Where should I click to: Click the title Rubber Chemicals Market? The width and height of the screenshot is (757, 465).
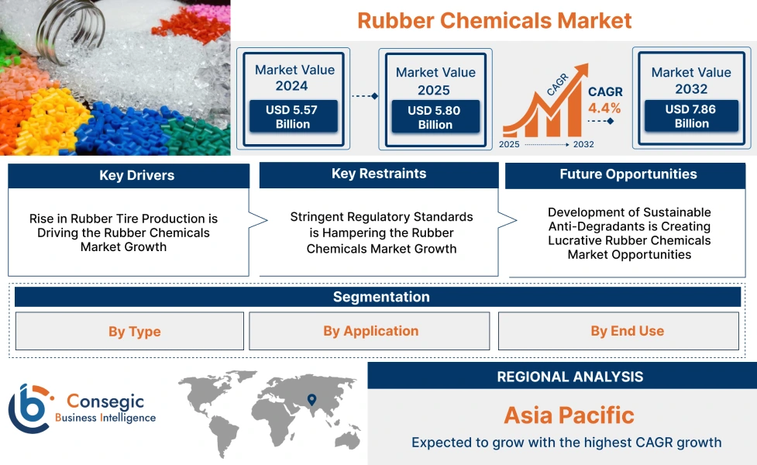pos(494,21)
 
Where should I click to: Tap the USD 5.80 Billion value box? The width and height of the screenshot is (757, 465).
pos(435,118)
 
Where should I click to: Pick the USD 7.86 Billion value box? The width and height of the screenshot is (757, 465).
pos(691,116)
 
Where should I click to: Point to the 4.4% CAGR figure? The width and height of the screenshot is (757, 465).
pos(604,108)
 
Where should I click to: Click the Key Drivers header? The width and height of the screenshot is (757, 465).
pos(129,176)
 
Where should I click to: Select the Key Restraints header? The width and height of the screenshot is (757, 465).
pos(378,174)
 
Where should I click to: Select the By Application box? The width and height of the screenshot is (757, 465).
pos(370,331)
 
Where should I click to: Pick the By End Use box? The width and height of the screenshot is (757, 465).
pos(626,331)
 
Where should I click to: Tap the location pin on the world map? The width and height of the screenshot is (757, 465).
pos(311,400)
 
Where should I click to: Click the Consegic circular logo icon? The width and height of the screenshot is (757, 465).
pos(29,408)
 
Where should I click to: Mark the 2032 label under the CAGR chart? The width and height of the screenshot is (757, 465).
pos(583,145)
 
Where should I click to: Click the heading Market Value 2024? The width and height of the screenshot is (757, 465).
pos(294,77)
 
